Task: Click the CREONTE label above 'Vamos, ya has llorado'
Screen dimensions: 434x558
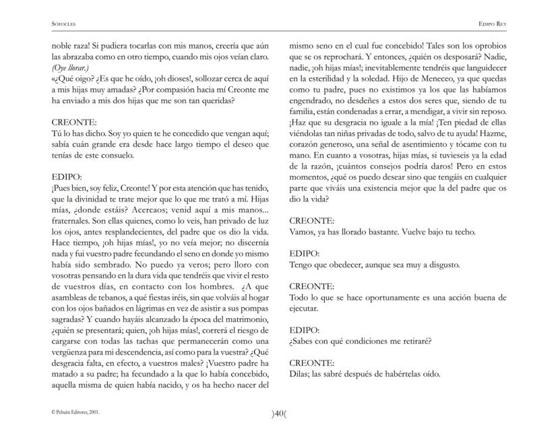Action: pyautogui.click(x=311, y=221)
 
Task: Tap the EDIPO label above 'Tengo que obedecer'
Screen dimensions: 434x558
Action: pyautogui.click(x=305, y=254)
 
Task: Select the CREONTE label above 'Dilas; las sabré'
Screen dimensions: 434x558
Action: pyautogui.click(x=311, y=363)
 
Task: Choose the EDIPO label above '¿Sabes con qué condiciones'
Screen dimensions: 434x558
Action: pyautogui.click(x=305, y=330)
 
